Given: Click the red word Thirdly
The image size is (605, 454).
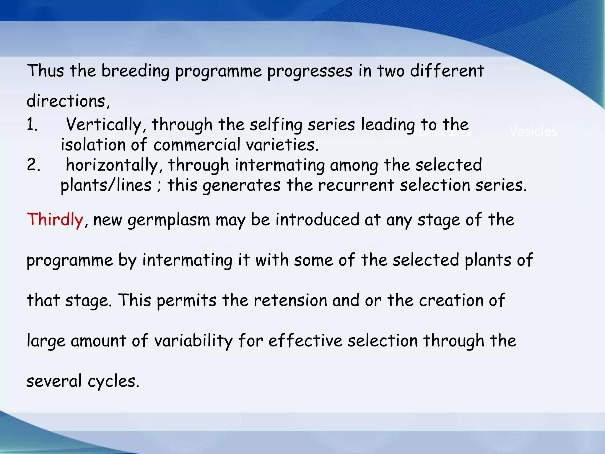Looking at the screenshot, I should tap(55, 220).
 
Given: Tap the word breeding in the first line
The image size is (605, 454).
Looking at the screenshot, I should tap(136, 71).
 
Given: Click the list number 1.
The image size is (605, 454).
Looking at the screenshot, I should tap(32, 125).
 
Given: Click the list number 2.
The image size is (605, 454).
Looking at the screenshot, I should tap(33, 165).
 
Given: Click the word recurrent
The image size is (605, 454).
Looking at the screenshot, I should tap(356, 186).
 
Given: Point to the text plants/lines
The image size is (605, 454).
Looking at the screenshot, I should tap(106, 186).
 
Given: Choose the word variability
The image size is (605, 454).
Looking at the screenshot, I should tap(193, 341).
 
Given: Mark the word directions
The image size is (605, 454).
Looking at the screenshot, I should tap(68, 101).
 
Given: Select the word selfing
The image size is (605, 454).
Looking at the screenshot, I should tap(276, 125).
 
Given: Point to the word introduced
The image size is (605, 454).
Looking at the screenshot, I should tap(318, 220).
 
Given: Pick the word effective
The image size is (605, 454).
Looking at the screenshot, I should tap(305, 341).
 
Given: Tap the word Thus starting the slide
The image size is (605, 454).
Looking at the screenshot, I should tap(45, 71).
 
